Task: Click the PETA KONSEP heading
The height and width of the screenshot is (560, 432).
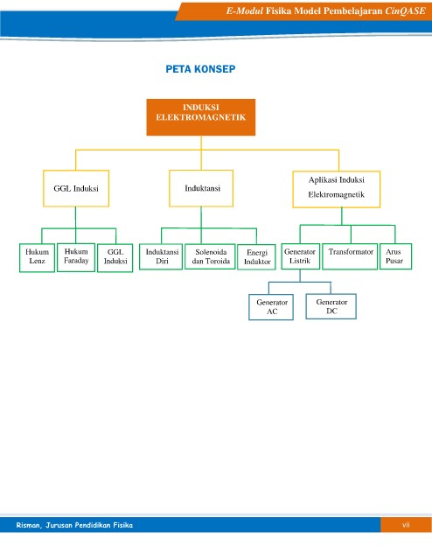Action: [200, 69]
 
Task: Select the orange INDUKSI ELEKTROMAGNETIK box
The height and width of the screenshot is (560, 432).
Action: [201, 117]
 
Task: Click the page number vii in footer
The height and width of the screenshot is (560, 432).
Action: [406, 525]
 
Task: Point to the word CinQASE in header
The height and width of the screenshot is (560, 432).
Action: [405, 10]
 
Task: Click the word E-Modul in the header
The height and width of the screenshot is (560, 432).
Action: [245, 10]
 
